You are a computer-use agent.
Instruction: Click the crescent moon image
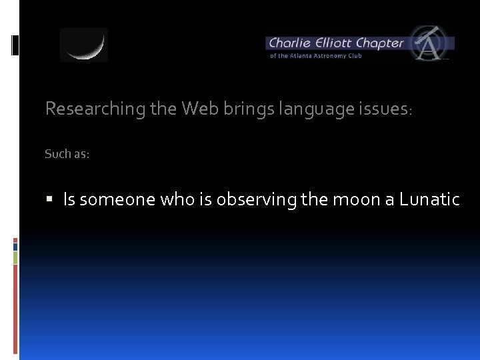[x=84, y=45]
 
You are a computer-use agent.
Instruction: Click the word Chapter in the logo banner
[x=379, y=43]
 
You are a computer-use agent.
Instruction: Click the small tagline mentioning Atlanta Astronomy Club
[x=315, y=56]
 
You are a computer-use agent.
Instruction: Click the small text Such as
[x=67, y=154]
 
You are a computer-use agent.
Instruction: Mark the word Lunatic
[x=429, y=199]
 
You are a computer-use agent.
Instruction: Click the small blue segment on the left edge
[x=15, y=246]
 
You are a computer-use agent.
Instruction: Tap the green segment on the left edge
[x=15, y=257]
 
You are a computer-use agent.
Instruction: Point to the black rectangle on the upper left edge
[x=15, y=45]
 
